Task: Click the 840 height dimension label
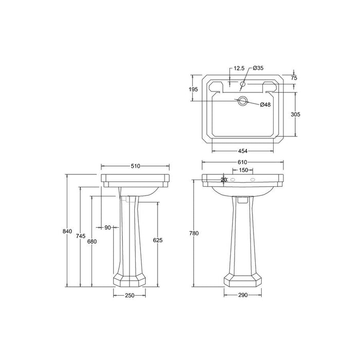pyautogui.click(x=67, y=231)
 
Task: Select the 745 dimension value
pyautogui.click(x=80, y=236)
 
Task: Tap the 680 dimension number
pyautogui.click(x=92, y=241)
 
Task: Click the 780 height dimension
pyautogui.click(x=194, y=233)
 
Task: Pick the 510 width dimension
pyautogui.click(x=135, y=166)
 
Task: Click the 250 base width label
pyautogui.click(x=129, y=295)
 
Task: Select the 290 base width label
pyautogui.click(x=243, y=295)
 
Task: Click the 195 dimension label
pyautogui.click(x=194, y=89)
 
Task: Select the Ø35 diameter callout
pyautogui.click(x=258, y=68)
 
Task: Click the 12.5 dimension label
pyautogui.click(x=239, y=68)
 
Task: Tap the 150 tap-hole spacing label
pyautogui.click(x=244, y=170)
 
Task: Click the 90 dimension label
pyautogui.click(x=107, y=227)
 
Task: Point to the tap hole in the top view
pyautogui.click(x=243, y=83)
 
